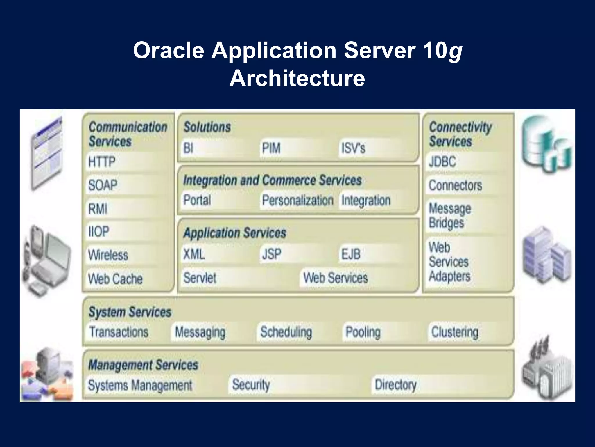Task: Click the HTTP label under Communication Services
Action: tap(102, 162)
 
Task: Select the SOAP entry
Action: tap(103, 185)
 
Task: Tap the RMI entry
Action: tap(98, 209)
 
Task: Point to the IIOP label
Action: tap(99, 232)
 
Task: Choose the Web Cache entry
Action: tap(115, 279)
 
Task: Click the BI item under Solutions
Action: tap(188, 148)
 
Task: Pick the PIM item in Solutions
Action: tap(271, 148)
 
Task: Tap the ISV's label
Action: tap(353, 148)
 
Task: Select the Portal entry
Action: tap(197, 200)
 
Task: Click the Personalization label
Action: tap(297, 200)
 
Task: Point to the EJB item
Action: tap(351, 254)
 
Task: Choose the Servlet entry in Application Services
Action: tap(200, 278)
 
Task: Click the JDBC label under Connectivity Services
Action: tap(442, 162)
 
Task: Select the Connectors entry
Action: tap(455, 185)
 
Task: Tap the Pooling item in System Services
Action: tap(363, 332)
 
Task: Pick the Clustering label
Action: tap(455, 332)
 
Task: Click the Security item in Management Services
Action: tap(251, 385)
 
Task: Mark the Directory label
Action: tap(395, 385)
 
